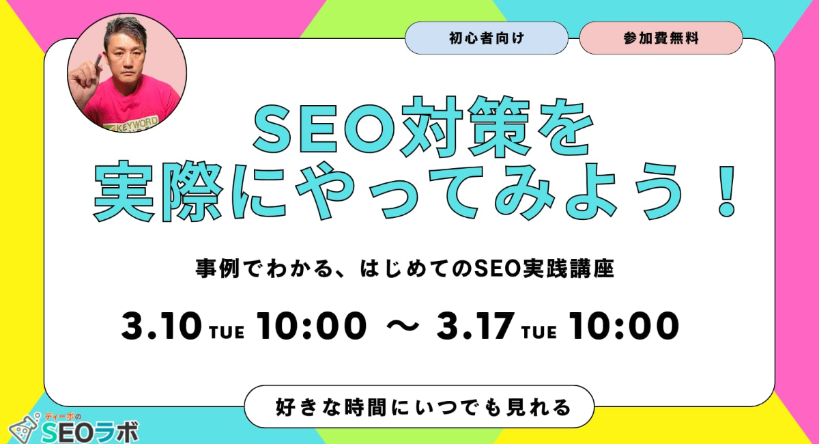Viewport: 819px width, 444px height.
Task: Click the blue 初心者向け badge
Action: pos(487,38)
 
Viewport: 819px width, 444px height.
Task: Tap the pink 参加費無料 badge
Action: pos(661,38)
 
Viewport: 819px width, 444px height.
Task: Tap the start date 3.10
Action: pos(161,326)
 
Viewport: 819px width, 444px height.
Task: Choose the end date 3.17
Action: pos(473,326)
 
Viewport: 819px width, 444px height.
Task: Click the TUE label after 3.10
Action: pos(227,333)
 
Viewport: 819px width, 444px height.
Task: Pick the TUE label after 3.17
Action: pos(539,333)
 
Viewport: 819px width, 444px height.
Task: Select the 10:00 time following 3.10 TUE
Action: pos(311,326)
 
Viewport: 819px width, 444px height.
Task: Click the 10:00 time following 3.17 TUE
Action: pos(624,326)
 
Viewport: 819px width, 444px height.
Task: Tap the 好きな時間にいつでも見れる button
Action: pos(419,406)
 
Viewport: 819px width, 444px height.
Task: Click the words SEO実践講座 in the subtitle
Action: pos(544,268)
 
